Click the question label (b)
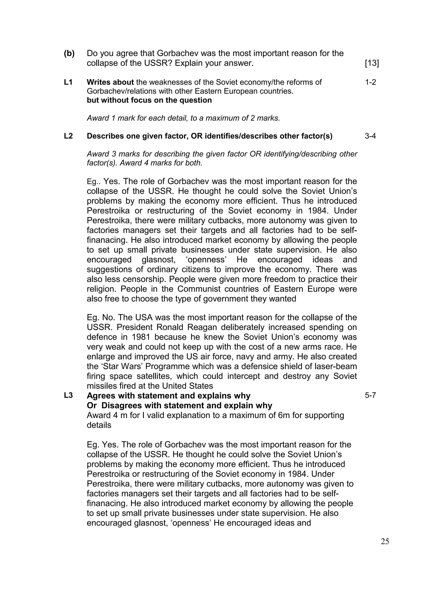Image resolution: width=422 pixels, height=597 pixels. coord(69,53)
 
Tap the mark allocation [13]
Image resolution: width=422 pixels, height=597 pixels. coord(372,63)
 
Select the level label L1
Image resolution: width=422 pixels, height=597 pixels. coord(68,82)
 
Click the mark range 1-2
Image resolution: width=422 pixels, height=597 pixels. coord(370,82)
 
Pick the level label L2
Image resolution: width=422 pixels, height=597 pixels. coord(68,136)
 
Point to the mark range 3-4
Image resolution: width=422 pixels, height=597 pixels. coord(370,136)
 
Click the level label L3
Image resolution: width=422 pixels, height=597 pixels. coord(68,396)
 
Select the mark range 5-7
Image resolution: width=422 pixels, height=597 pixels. coord(370,396)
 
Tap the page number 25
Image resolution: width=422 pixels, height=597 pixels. coord(385,541)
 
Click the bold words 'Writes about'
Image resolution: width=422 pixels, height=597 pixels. coord(110,82)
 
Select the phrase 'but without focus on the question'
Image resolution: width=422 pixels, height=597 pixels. coord(149,100)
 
